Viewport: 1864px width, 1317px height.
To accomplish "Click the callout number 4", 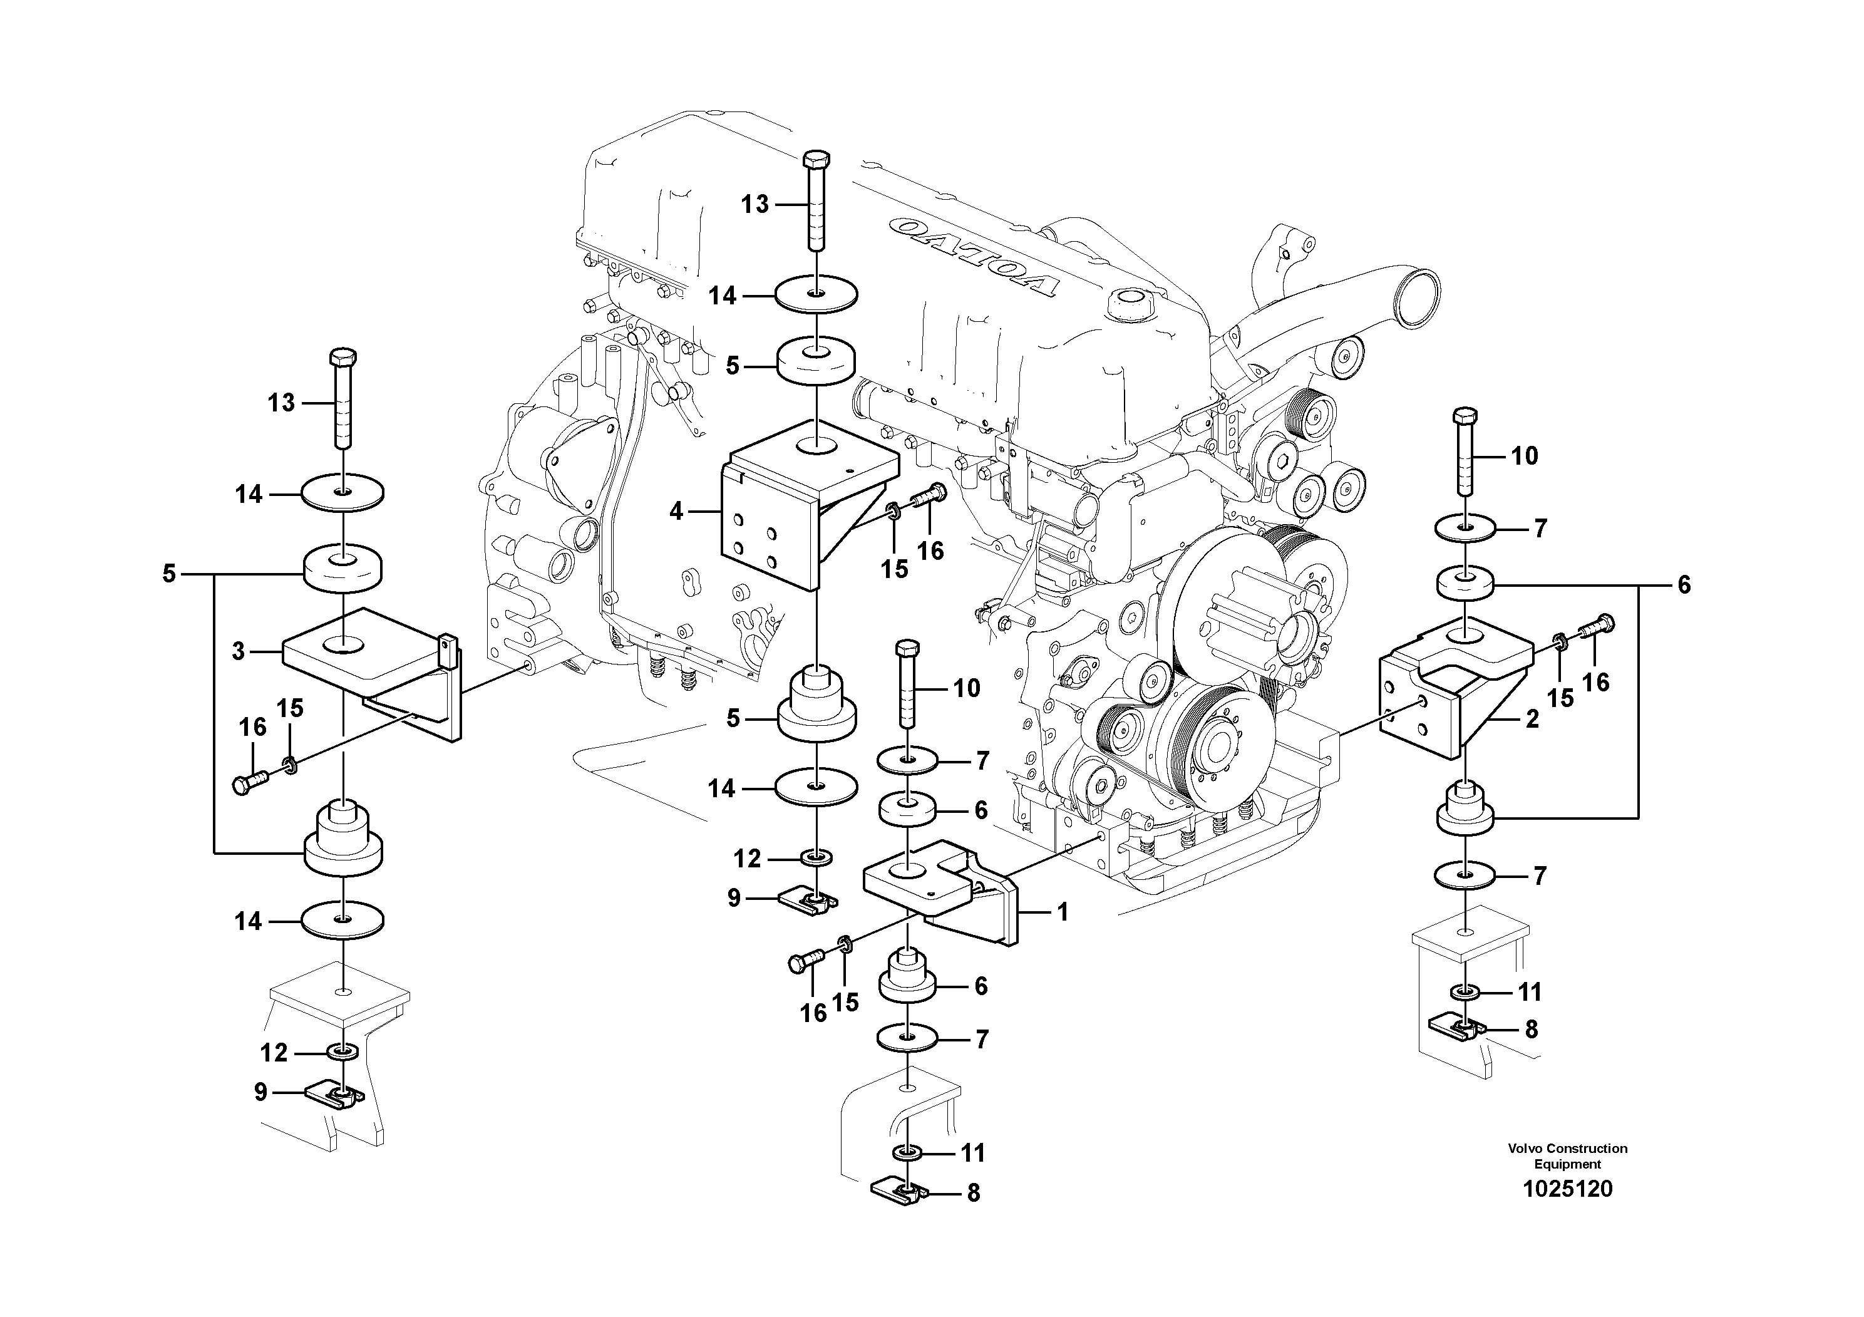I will coord(676,512).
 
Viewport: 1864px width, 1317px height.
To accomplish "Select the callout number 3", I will coord(238,651).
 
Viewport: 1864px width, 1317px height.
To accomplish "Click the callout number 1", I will coord(1063,912).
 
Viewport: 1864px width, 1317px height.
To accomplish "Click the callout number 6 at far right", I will coord(1684,585).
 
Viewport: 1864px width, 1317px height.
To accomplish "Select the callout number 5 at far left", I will coord(169,574).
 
